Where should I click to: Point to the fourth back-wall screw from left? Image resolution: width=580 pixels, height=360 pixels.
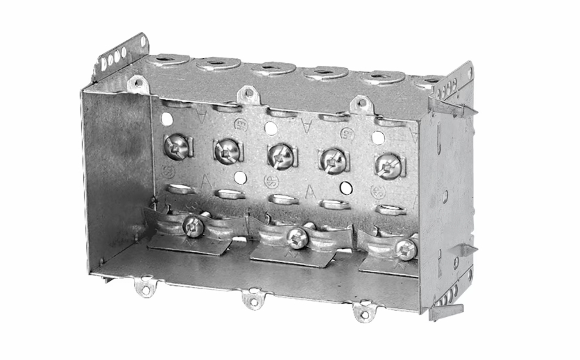point(332,161)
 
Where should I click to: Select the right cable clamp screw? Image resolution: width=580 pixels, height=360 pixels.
point(406,248)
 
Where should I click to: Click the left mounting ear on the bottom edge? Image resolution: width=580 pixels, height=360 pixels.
point(145,285)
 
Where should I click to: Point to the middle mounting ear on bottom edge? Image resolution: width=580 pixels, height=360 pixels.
point(253,300)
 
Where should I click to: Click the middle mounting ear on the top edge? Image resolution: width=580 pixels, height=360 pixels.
point(247,94)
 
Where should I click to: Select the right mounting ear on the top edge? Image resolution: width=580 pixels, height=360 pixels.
point(360,105)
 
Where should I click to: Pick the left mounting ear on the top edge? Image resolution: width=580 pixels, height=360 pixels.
point(137,83)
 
